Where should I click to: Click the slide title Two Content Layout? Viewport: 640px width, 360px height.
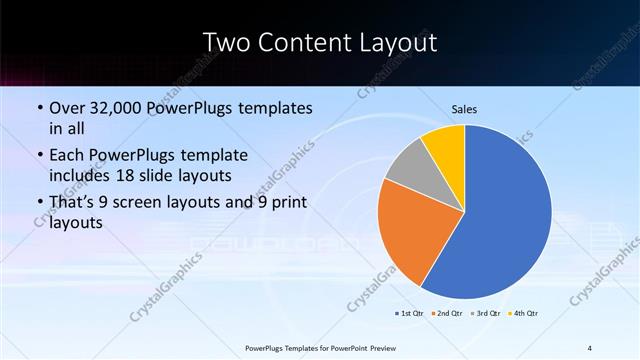tap(319, 42)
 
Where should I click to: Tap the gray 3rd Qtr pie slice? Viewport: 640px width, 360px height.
tap(406, 166)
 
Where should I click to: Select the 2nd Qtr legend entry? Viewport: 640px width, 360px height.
tap(448, 313)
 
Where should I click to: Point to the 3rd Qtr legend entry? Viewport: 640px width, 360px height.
tap(487, 313)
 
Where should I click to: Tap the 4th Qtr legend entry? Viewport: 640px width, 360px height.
tap(525, 313)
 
